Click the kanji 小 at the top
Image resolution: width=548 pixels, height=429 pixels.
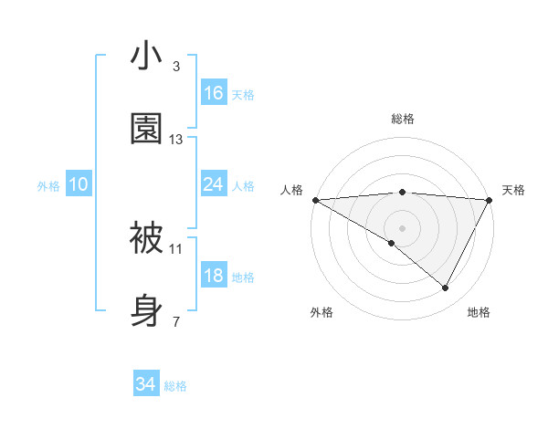click(147, 57)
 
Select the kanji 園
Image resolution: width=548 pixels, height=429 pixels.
click(147, 129)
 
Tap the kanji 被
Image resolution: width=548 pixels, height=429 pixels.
click(147, 237)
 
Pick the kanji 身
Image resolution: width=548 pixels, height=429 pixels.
click(147, 309)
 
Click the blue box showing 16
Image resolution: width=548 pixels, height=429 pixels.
click(214, 93)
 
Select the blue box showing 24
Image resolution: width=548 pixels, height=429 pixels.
click(214, 185)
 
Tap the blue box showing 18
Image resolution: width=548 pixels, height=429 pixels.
click(214, 276)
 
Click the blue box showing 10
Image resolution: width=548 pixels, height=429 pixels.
click(79, 185)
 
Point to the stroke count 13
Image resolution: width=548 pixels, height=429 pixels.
click(176, 140)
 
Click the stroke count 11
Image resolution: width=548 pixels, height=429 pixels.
click(176, 248)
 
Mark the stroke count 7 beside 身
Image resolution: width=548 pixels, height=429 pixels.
click(176, 321)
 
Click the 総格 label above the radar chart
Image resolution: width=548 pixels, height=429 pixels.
click(403, 119)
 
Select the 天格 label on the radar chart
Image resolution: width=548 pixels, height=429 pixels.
click(514, 190)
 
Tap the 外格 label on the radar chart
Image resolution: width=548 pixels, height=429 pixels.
click(321, 312)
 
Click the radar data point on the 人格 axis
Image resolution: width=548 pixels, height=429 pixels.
click(315, 200)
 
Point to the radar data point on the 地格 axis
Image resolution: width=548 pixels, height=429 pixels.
click(446, 288)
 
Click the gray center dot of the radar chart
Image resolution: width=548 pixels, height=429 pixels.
click(402, 227)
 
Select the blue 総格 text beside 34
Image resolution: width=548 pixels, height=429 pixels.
click(175, 386)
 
